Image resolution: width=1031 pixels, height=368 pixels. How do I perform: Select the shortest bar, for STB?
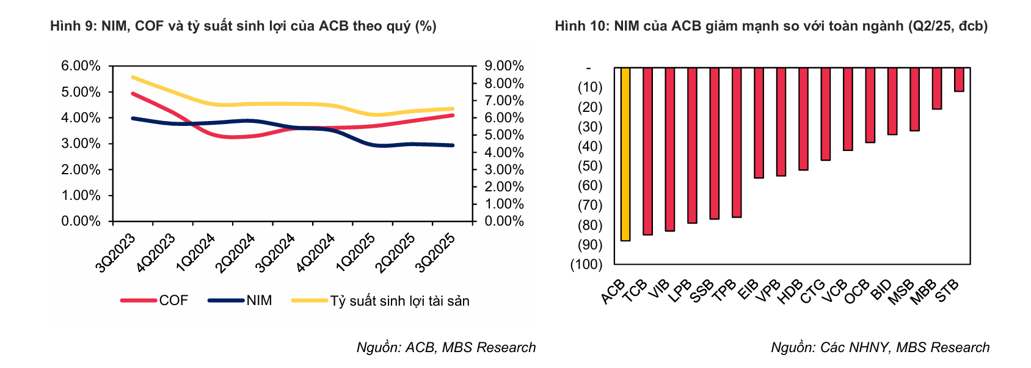point(959,79)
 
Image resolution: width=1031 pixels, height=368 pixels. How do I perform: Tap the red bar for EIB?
point(759,122)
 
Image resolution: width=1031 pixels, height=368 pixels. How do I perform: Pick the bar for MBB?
point(937,89)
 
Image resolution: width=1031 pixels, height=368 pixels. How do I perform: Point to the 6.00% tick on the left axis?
point(81,66)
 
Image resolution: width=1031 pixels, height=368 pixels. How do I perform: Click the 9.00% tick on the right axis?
point(504,66)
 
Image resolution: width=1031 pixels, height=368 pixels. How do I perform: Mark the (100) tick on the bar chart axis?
point(586,264)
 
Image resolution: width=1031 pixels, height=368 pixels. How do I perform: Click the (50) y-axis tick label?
point(590,166)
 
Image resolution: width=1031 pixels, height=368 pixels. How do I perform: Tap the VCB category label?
point(834,291)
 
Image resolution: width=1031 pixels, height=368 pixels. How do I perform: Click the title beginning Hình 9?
point(243,26)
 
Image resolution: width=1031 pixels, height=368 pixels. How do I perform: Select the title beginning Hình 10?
point(771,26)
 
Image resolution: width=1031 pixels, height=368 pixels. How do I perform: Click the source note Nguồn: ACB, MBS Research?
point(446,347)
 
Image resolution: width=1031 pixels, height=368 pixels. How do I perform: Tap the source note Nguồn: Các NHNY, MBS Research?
point(880,347)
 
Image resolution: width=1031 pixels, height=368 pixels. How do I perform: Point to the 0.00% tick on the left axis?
point(81,221)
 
